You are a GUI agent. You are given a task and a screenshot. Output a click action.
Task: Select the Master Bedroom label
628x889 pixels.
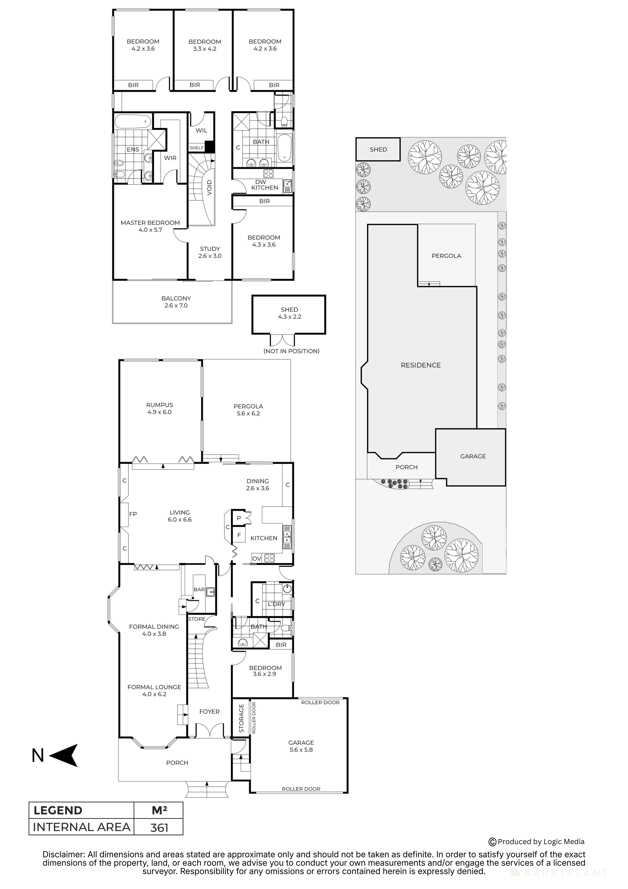[x=150, y=226]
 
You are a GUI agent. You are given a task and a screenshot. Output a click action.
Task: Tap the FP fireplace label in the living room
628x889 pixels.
[x=133, y=514]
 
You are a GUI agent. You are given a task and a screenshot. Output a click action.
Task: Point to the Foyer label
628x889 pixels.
[x=209, y=712]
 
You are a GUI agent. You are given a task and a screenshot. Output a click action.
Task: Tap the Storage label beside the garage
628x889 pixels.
[x=241, y=718]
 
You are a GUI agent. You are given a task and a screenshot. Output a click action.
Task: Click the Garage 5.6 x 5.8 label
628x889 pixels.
[x=301, y=746]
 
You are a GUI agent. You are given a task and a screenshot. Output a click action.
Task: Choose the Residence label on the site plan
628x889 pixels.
[x=421, y=365]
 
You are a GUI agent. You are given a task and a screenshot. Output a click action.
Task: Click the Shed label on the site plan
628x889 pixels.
[x=378, y=149]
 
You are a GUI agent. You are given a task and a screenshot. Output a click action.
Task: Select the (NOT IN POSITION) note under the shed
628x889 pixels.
[x=291, y=351]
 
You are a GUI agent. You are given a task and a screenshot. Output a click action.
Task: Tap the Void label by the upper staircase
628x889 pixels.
[x=209, y=188]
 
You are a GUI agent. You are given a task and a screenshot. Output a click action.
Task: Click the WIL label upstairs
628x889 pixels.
[x=201, y=130]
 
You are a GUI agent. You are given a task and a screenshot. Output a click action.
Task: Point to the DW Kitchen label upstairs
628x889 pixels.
[x=265, y=185]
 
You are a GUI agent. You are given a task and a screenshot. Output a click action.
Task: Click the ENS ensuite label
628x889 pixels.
[x=133, y=149]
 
